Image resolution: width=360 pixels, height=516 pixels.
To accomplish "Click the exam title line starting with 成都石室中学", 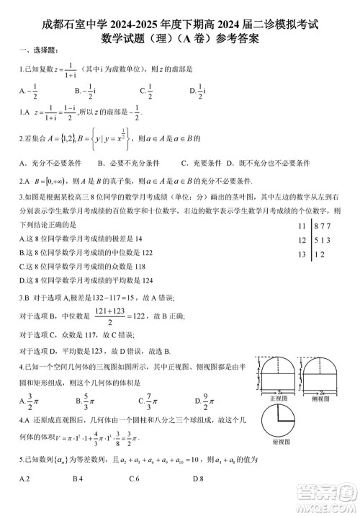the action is [180, 25].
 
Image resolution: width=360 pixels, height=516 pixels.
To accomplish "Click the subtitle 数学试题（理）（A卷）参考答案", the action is [179, 41].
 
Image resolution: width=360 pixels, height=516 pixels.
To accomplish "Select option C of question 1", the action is [147, 91].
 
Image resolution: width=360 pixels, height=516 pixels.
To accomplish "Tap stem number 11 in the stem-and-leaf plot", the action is [301, 227].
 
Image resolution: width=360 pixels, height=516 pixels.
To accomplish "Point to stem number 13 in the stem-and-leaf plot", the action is [301, 254].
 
